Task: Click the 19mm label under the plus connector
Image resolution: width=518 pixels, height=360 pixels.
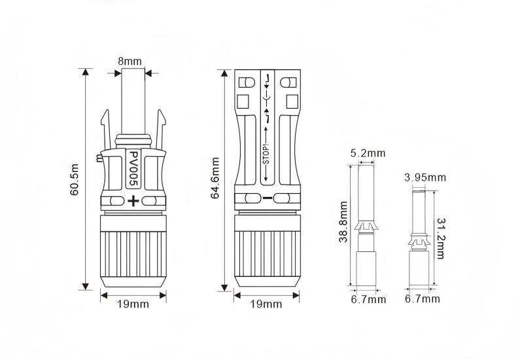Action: pyautogui.click(x=133, y=304)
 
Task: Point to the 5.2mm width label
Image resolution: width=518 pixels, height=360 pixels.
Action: pyautogui.click(x=368, y=154)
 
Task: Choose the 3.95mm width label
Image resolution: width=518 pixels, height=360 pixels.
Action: pyautogui.click(x=425, y=177)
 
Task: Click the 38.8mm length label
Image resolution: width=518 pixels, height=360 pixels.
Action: pyautogui.click(x=344, y=223)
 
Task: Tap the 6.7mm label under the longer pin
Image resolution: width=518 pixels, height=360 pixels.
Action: pyautogui.click(x=368, y=299)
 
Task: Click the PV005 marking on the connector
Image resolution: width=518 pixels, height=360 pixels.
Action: pyautogui.click(x=133, y=170)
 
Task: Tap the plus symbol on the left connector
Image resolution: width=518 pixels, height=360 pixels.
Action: pyautogui.click(x=133, y=200)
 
